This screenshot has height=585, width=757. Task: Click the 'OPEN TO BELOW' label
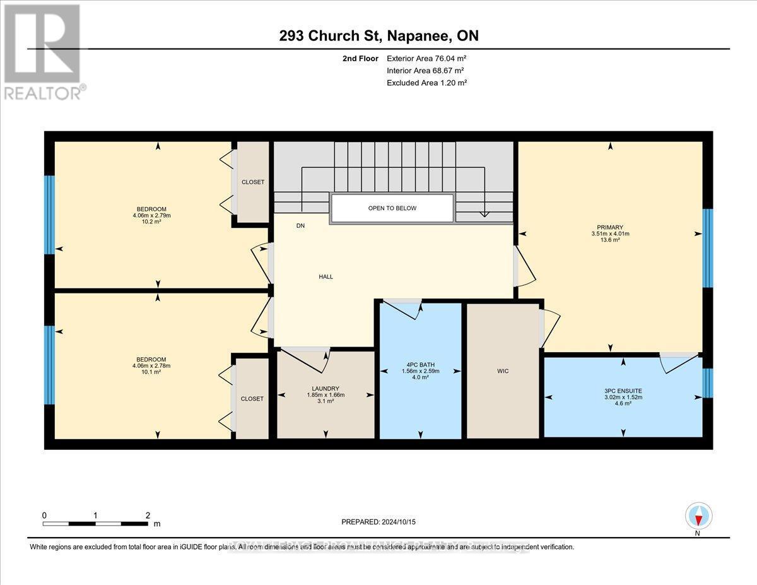[x=392, y=208]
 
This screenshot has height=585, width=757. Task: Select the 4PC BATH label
[x=421, y=365]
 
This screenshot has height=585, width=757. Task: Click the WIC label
[x=503, y=370]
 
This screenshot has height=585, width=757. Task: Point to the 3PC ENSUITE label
[x=623, y=391]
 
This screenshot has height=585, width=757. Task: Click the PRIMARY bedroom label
[x=610, y=227]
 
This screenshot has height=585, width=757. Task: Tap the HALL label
[x=326, y=276]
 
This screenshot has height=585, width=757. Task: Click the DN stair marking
[x=301, y=225]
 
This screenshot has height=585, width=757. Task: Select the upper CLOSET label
[x=253, y=182]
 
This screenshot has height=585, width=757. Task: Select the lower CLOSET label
[x=252, y=398]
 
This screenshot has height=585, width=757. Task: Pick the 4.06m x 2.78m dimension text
[x=151, y=365]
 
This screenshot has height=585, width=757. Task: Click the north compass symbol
[x=698, y=516]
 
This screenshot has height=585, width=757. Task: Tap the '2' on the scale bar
[x=147, y=515]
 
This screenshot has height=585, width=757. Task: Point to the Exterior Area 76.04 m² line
[x=426, y=59]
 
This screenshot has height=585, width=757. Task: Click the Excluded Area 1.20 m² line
[x=426, y=83]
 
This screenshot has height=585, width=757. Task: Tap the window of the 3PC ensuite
[x=707, y=382]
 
